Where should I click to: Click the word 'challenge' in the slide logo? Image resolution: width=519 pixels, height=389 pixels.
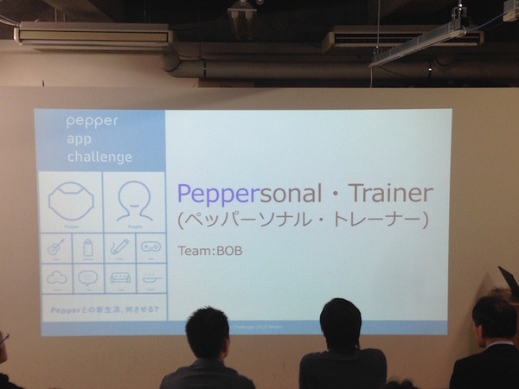99,156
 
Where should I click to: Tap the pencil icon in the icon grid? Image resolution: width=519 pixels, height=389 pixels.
118,247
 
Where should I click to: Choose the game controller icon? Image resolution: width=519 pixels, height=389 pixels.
150,247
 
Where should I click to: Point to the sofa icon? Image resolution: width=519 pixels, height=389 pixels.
118,279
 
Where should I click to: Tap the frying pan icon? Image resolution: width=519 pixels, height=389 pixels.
150,279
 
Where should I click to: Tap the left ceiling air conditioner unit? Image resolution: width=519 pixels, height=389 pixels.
93,36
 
